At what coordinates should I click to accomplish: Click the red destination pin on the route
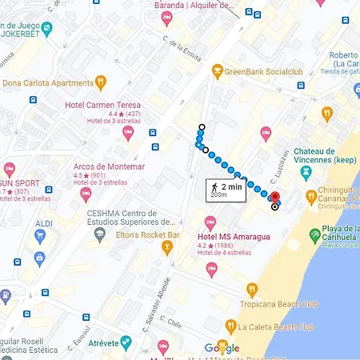pyautogui.click(x=274, y=198)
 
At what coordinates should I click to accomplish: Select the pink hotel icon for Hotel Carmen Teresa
pyautogui.click(x=128, y=134)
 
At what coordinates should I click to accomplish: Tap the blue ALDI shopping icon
pyautogui.click(x=40, y=237)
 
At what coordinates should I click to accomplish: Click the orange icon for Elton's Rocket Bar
pyautogui.click(x=167, y=246)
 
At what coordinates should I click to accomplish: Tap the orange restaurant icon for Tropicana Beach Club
pyautogui.click(x=252, y=290)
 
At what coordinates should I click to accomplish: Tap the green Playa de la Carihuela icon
pyautogui.click(x=314, y=238)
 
